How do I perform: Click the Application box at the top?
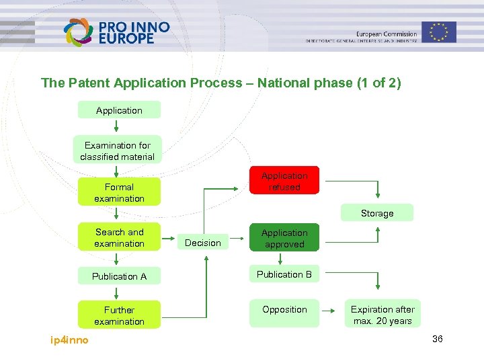point(119,110)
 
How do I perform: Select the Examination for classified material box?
point(118,151)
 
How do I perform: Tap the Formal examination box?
point(119,192)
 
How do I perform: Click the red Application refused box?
point(284,181)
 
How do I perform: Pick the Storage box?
point(376,213)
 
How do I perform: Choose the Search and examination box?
point(119,237)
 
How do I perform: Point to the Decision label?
point(202,243)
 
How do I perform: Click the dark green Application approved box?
point(284,239)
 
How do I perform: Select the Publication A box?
point(119,276)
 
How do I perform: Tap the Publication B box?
point(284,274)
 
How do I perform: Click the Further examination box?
point(119,315)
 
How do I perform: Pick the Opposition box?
point(284,310)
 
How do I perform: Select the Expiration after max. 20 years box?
point(382,315)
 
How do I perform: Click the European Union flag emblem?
point(439,32)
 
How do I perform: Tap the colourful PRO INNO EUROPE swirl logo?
point(77,32)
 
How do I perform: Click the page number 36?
point(437,339)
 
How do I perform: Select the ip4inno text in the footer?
point(69,340)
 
